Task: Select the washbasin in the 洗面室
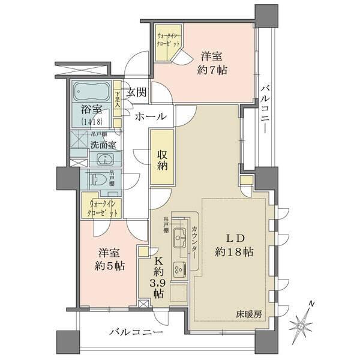pyautogui.click(x=106, y=159)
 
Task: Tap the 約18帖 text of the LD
pyautogui.click(x=234, y=253)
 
